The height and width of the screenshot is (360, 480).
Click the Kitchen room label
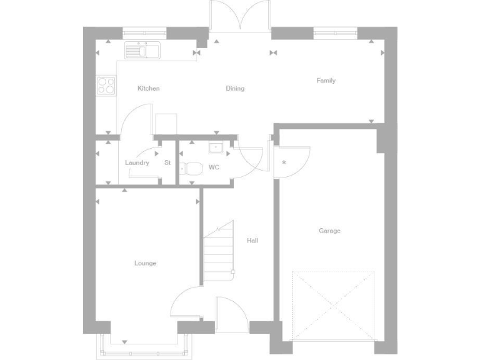tap(149, 89)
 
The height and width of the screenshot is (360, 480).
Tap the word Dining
tap(235, 89)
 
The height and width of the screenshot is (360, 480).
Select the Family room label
tap(326, 81)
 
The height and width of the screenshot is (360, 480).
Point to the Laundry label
tap(137, 163)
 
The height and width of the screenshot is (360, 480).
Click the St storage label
tap(167, 163)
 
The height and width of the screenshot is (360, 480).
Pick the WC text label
tap(214, 167)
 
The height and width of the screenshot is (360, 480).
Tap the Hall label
tap(252, 241)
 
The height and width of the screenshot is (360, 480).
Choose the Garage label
tap(329, 231)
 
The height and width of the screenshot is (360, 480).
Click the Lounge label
tap(145, 263)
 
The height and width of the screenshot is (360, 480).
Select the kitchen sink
tap(143, 50)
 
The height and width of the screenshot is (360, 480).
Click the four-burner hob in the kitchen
tap(106, 85)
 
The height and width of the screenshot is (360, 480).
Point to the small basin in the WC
tap(215, 148)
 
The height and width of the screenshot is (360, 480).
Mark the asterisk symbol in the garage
tap(284, 163)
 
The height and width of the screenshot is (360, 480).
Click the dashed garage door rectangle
tap(334, 306)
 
